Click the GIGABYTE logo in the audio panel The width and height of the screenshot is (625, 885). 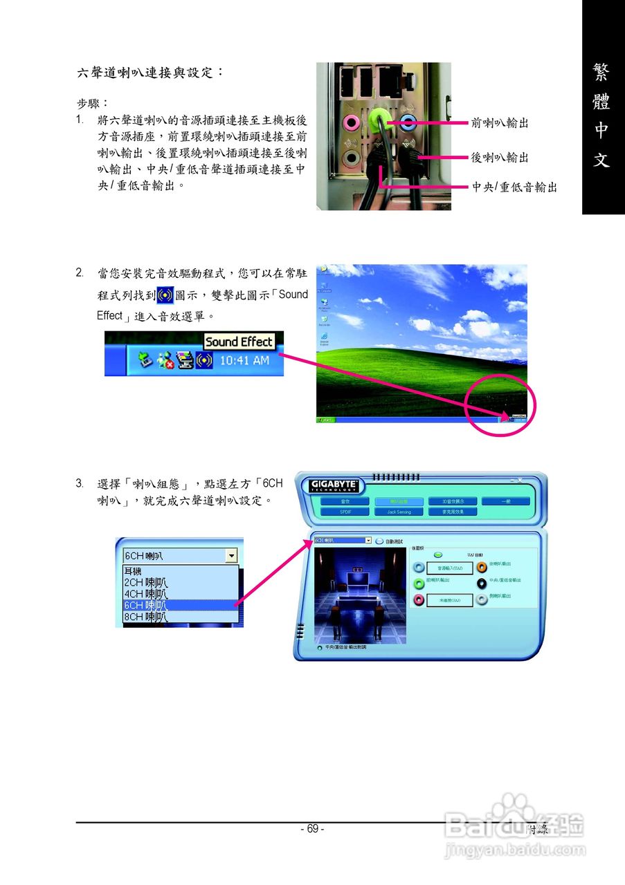334,485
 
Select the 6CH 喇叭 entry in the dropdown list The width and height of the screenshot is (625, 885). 145,605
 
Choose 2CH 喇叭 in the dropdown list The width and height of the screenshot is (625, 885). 145,583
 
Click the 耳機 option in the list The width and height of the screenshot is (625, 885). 132,571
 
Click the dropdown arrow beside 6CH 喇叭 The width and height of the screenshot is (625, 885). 231,556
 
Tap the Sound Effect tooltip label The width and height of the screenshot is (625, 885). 239,342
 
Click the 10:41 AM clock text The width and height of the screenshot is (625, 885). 244,360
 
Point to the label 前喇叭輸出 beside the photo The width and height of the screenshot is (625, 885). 500,123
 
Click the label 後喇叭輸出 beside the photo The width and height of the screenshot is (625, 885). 500,158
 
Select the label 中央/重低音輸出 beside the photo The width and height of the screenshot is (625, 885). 514,187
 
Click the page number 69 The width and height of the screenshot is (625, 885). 312,829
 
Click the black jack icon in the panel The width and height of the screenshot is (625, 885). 482,583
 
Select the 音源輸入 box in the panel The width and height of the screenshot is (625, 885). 449,568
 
